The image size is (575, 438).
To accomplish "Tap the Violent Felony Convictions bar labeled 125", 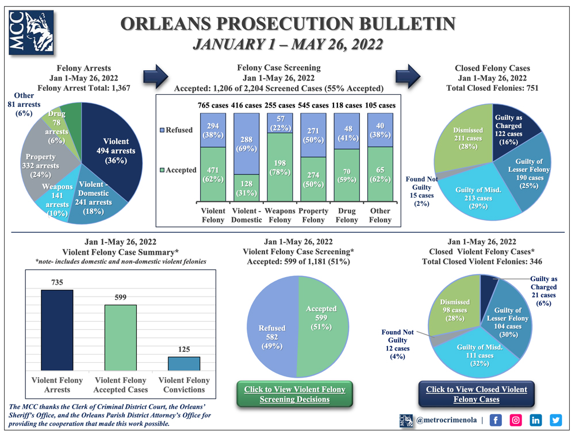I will pyautogui.click(x=184, y=363).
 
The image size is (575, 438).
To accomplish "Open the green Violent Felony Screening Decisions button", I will pyautogui.click(x=294, y=394).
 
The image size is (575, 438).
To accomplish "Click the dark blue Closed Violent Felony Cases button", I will pyautogui.click(x=476, y=394).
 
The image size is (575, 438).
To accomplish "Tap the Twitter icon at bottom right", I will pyautogui.click(x=555, y=420).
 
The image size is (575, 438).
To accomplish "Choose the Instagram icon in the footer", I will pyautogui.click(x=516, y=420).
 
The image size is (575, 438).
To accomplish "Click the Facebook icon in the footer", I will pyautogui.click(x=496, y=420).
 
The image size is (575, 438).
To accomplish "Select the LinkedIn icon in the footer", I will pyautogui.click(x=535, y=420).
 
